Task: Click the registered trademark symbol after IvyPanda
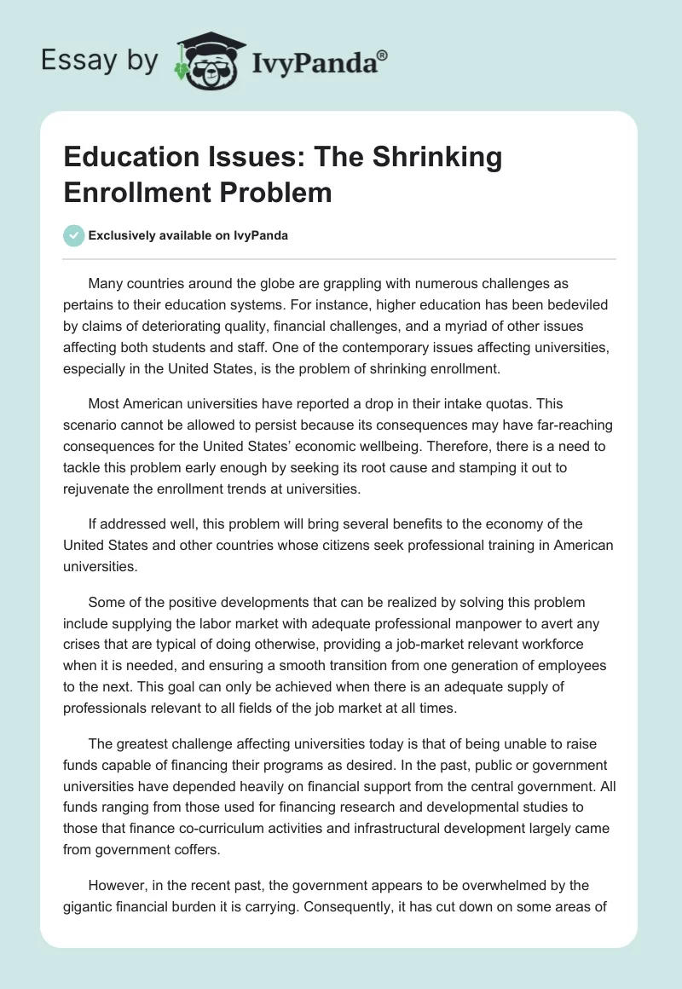(x=383, y=55)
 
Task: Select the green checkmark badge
(x=74, y=235)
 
